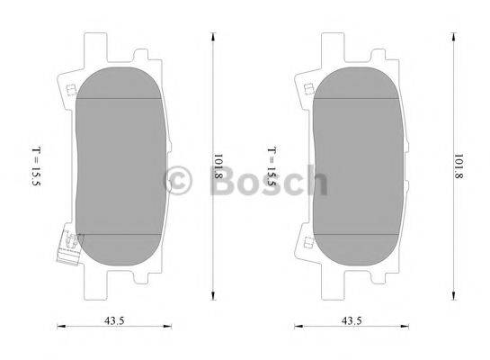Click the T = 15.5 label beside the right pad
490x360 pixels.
[x=272, y=166]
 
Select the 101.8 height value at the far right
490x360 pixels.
[x=458, y=167]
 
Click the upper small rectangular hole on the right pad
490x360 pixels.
[x=309, y=89]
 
